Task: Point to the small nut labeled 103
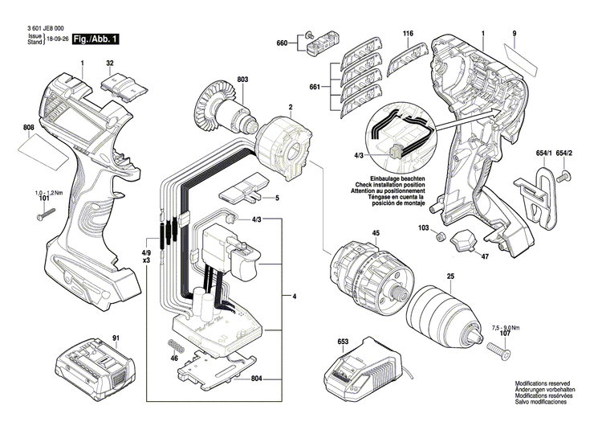(x=441, y=237)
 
